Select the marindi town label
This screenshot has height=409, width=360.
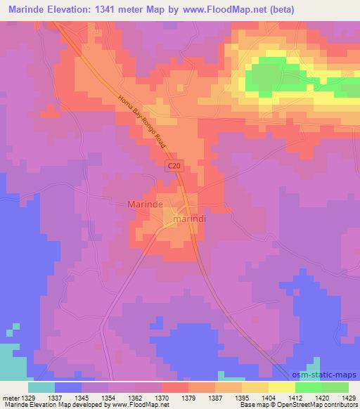click(193, 219)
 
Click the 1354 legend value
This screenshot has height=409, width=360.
click(108, 398)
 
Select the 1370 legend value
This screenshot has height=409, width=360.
click(162, 398)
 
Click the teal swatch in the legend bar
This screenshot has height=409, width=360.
click(41, 387)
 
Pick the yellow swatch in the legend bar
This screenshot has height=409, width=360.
click(281, 387)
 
